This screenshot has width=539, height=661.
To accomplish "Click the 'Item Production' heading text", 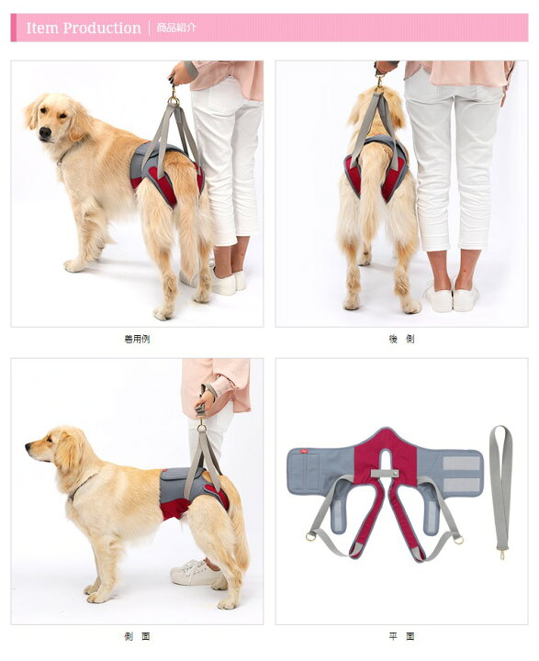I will coord(84,28).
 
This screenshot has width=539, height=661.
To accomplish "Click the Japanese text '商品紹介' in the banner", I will coord(176,28).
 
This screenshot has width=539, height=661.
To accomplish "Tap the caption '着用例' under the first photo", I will coord(136,339).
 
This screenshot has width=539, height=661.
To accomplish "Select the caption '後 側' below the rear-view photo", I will coord(401,339).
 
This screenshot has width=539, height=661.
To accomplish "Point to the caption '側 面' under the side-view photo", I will coord(136,635).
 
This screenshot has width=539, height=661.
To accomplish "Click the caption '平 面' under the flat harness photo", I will coord(401,635).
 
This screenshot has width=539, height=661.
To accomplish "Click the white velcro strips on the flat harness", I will coord(461,474).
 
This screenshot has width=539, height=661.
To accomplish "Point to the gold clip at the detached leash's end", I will coord(501,553).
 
